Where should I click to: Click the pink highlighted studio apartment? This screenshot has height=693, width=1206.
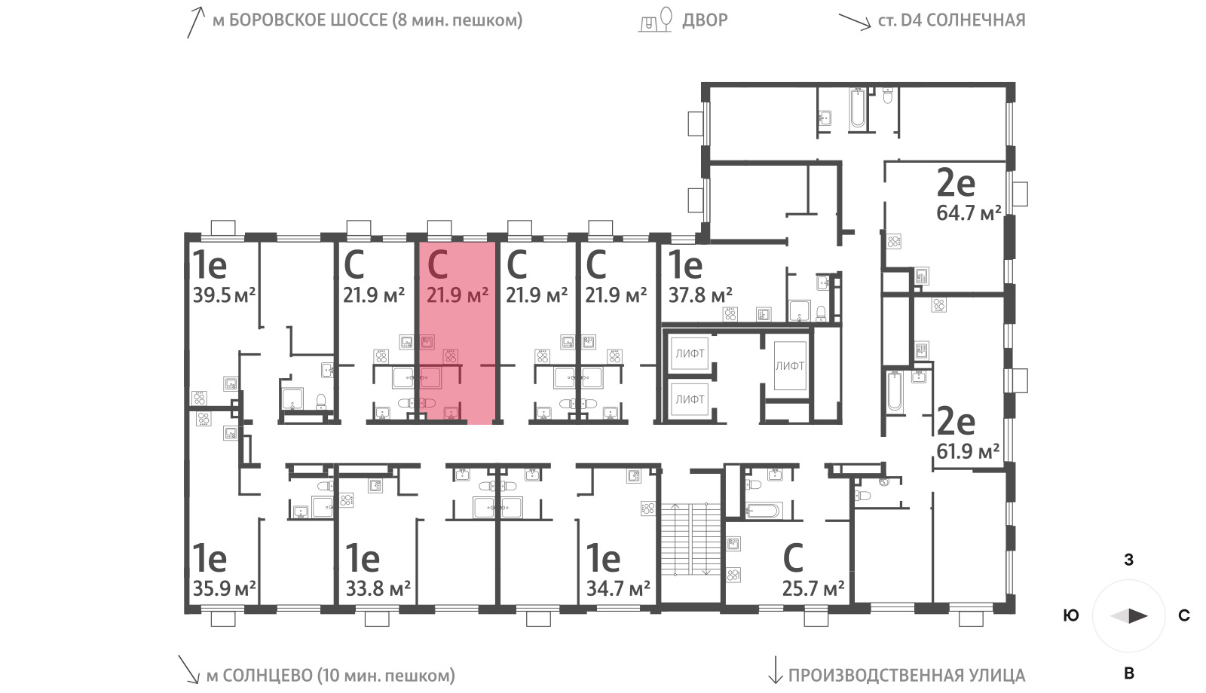458,334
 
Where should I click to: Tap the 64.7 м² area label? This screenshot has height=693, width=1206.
969,213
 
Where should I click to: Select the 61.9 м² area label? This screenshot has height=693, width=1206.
968,451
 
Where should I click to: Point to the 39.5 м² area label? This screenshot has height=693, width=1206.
224,295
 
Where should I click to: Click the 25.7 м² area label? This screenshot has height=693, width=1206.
813,589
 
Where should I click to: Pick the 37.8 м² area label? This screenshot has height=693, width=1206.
700,295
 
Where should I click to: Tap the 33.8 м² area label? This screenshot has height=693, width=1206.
378,588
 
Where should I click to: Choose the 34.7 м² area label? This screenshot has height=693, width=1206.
618,588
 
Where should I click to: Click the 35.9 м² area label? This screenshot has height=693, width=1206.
224,588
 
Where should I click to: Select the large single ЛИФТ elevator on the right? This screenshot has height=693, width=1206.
790,366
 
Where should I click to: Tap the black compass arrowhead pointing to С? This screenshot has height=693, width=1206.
1138,615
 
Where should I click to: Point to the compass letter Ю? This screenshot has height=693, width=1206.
1071,615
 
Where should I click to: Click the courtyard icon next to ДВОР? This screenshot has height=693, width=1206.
655,20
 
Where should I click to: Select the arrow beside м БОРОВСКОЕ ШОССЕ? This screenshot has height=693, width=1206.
195,23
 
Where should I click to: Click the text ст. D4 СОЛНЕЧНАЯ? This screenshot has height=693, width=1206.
951,20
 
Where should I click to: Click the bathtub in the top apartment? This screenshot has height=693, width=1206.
858,109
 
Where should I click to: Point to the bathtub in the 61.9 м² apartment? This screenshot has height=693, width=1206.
894,391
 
